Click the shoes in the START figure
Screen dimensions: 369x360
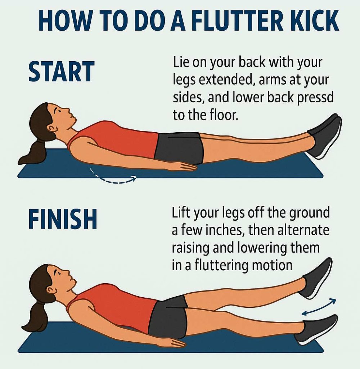[x=324, y=135]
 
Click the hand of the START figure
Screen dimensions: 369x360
[x=185, y=166]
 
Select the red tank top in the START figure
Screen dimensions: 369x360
[x=115, y=139]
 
